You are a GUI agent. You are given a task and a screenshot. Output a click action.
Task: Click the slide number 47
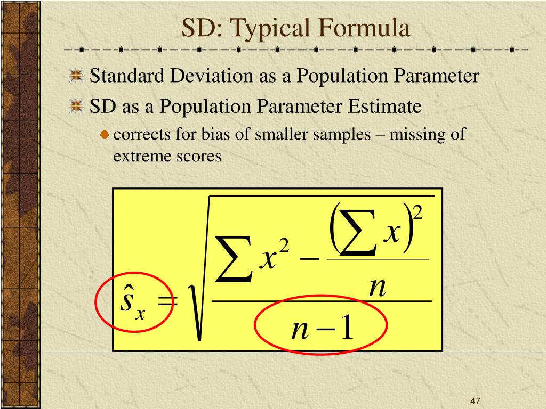tap(476, 401)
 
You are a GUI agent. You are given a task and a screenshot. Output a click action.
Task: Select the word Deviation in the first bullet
tap(212, 76)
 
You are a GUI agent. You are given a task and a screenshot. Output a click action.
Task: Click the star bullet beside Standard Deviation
tap(77, 77)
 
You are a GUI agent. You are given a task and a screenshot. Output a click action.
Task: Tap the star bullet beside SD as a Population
tap(77, 107)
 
